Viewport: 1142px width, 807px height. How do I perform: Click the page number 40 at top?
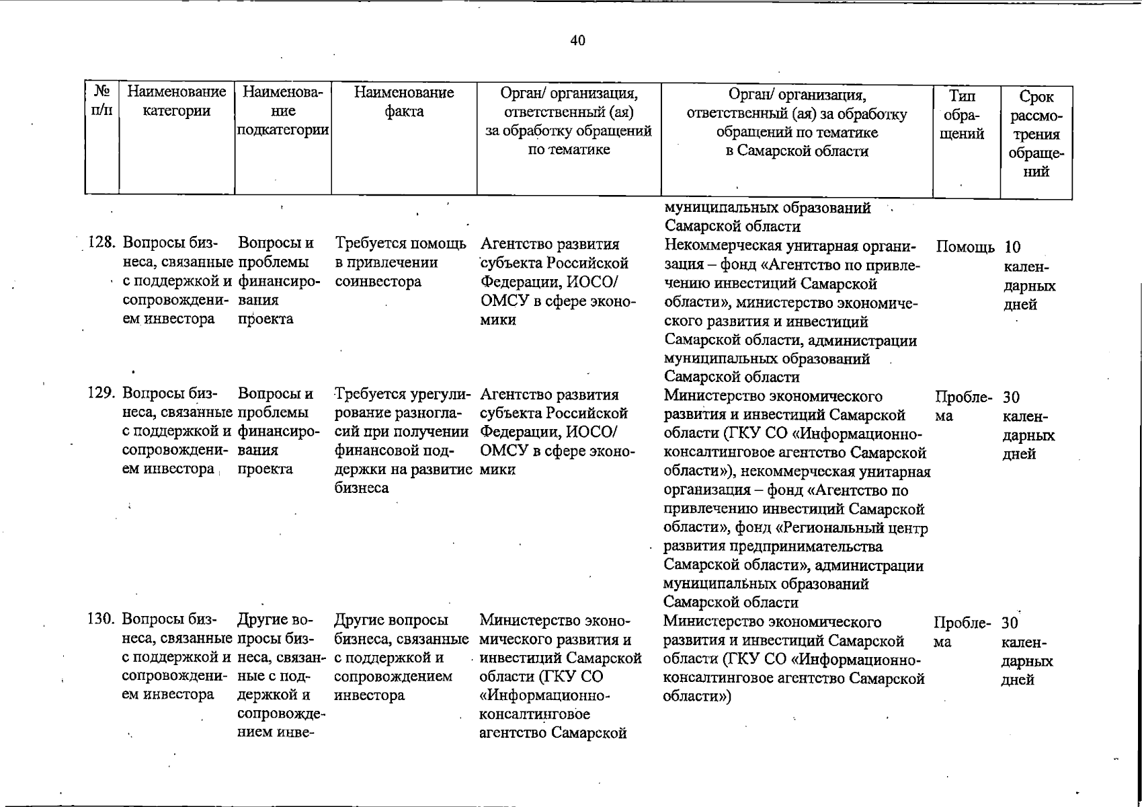point(577,40)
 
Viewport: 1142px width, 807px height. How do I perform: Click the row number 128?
point(102,243)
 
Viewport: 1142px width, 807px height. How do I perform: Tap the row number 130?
point(102,619)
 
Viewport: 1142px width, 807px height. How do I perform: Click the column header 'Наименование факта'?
point(404,102)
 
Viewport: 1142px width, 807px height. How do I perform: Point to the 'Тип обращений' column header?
point(964,115)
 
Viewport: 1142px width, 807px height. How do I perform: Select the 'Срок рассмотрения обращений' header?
point(1036,134)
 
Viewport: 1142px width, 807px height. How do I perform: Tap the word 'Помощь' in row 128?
point(965,247)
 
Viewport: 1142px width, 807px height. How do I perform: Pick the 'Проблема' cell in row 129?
point(963,406)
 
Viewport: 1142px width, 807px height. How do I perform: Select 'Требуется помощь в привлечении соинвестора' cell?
point(401,262)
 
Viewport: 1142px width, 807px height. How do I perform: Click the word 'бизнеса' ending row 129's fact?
point(362,488)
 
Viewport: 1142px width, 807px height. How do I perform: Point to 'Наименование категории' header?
point(177,102)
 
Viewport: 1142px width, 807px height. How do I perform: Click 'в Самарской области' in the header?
point(797,151)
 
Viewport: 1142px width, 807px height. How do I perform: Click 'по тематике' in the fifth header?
point(569,149)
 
